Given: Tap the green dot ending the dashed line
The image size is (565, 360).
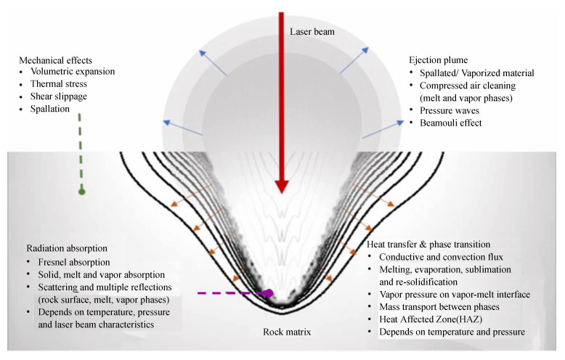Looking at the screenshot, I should pos(81,192).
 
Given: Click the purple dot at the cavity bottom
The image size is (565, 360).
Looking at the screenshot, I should pos(268,294).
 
